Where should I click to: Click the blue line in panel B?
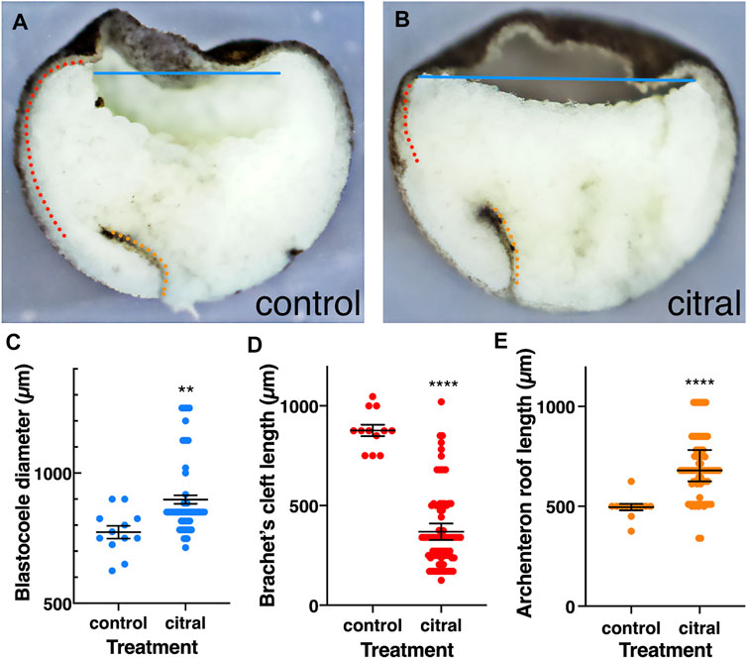pos(555,78)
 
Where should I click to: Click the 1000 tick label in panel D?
pos(300,406)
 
